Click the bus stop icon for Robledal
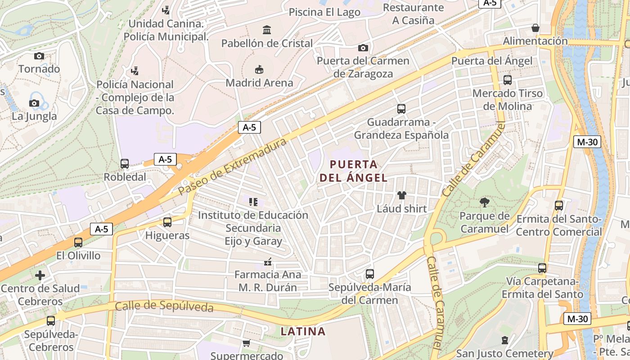[125, 164]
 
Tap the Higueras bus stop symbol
[167, 222]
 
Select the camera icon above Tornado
[39, 56]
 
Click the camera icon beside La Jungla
[34, 103]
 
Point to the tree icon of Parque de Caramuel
[485, 202]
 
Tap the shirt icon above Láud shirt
[401, 195]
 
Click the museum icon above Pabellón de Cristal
[267, 30]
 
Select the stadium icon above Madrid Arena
[259, 69]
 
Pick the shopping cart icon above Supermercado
[246, 343]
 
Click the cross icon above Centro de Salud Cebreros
[40, 275]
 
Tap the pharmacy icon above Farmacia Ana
[268, 261]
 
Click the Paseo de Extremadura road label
[232, 166]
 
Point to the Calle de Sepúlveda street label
[164, 306]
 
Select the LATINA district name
[303, 332]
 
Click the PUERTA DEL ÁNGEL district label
[353, 171]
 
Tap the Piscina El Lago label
[324, 12]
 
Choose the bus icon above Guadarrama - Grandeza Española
[401, 109]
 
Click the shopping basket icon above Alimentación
[535, 28]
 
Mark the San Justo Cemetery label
[504, 354]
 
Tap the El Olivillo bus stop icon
[78, 243]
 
